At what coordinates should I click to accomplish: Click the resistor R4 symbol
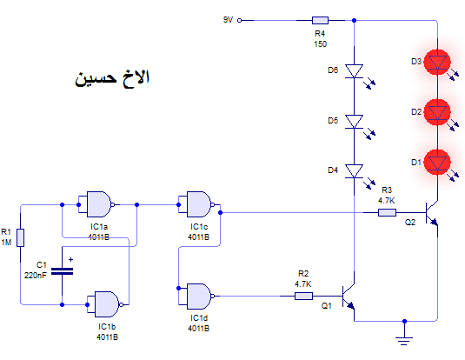(320, 20)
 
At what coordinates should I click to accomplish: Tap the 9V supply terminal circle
(240, 20)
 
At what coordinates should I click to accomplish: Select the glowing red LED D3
(437, 62)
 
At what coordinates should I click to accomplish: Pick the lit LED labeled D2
(437, 112)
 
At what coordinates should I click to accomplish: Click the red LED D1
(437, 163)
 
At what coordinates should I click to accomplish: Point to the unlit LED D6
(354, 71)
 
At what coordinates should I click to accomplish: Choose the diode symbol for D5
(354, 122)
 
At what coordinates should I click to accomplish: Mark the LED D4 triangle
(354, 171)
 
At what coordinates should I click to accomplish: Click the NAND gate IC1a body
(99, 204)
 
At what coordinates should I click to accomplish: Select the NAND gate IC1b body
(107, 304)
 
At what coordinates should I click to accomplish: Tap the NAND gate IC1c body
(199, 204)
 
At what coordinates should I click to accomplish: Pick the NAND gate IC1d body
(199, 296)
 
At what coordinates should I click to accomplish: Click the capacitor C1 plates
(62, 271)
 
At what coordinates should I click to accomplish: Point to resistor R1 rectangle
(20, 237)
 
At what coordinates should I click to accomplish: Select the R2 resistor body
(303, 296)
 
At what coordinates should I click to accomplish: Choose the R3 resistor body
(387, 212)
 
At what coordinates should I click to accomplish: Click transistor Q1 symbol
(349, 297)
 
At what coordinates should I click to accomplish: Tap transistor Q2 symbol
(431, 213)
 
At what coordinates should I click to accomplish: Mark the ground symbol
(404, 341)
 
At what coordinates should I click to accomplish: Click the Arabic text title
(112, 78)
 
